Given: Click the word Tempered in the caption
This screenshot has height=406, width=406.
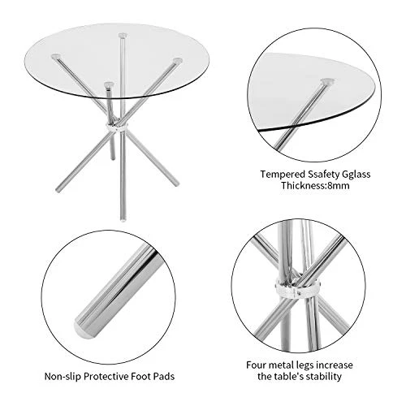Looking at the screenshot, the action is [283, 175].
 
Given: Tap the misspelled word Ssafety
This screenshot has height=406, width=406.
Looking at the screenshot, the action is [323, 175].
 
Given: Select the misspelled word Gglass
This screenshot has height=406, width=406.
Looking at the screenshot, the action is [356, 175].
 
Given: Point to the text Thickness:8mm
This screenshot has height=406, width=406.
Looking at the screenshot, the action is [315, 186].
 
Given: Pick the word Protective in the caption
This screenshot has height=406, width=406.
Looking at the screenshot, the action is [106, 377].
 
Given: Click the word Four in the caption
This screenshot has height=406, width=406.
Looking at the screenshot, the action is [256, 365].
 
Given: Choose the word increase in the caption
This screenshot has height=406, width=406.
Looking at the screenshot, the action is [335, 365].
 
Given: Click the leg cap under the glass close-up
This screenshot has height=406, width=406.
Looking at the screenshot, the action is [327, 81].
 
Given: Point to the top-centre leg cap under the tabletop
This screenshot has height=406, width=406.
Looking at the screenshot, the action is [123, 36].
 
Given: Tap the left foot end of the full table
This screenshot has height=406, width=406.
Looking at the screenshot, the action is [58, 190].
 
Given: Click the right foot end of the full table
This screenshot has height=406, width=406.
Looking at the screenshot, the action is [176, 184].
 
